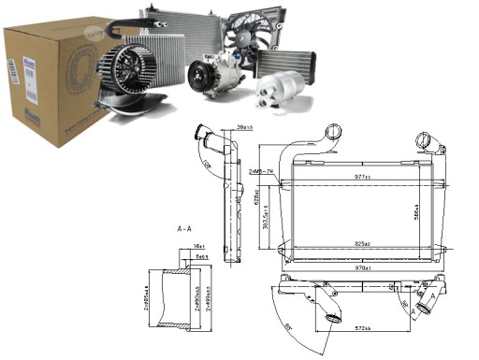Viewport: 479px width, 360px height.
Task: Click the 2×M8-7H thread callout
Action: [x=260, y=172]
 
